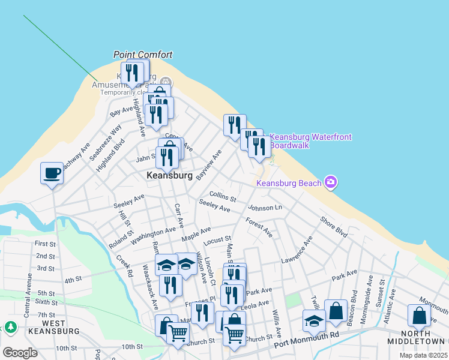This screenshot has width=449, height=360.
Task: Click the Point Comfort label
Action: tap(143, 55)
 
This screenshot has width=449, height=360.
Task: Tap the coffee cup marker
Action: tap(52, 174)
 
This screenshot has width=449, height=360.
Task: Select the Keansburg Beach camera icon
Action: tap(330, 181)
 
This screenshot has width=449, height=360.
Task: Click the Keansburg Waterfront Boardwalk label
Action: tap(310, 141)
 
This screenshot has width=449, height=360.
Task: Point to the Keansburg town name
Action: tap(170, 176)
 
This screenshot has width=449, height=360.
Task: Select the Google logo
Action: tap(20, 352)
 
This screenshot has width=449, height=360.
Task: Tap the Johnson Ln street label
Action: tap(265, 208)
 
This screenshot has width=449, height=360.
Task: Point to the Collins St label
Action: tap(223, 196)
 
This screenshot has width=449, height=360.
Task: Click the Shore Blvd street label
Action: tap(334, 226)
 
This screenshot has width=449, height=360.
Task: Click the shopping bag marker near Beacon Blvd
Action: tap(336, 311)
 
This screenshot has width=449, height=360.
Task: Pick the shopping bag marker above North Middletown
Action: tap(418, 316)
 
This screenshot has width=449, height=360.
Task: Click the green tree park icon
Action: tap(10, 327)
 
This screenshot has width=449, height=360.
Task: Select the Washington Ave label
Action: tap(154, 232)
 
